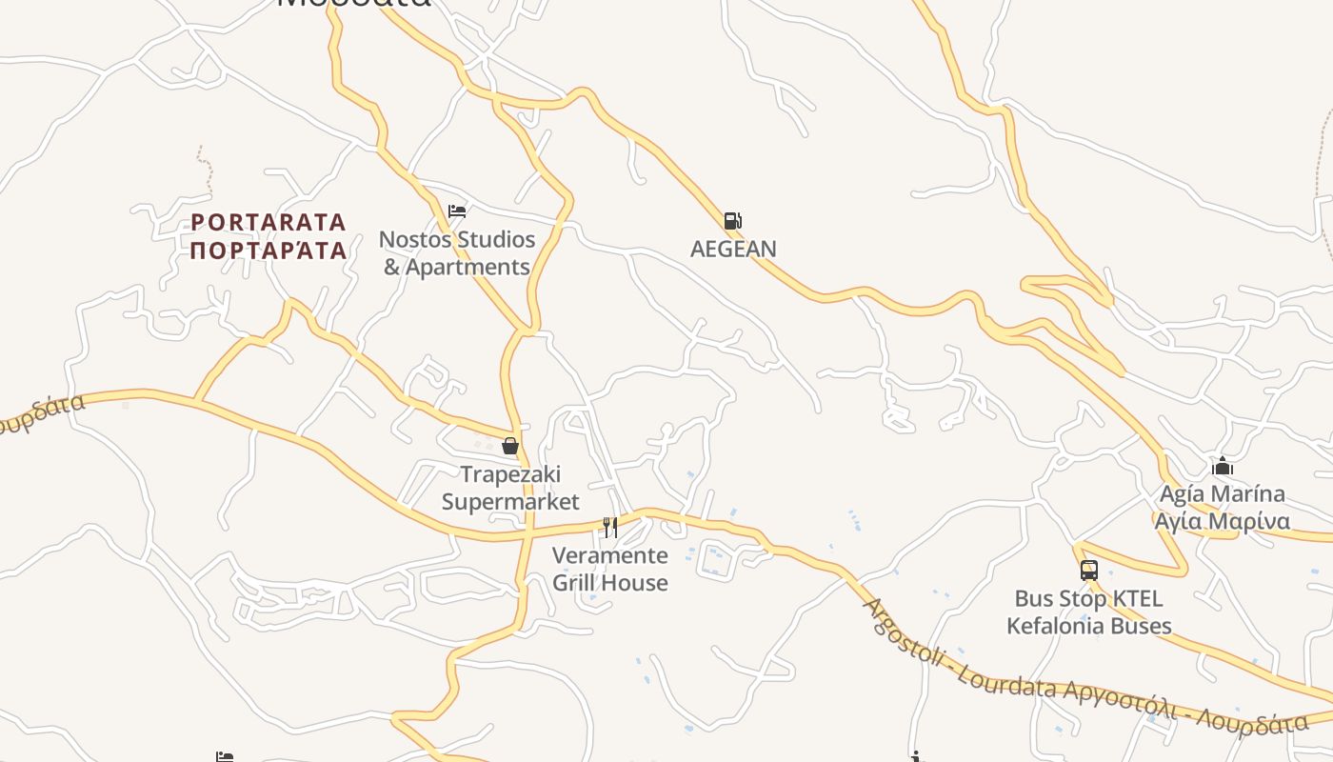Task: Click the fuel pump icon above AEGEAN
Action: pos(732,221)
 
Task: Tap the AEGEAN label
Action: pos(733,249)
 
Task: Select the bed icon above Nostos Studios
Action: pos(457,211)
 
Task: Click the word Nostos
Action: pos(413,239)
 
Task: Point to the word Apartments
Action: pos(468,267)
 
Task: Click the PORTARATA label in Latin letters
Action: pos(269,223)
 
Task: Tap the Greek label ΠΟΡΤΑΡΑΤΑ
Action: pos(269,251)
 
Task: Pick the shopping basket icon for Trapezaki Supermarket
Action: pos(510,445)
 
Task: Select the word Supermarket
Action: pos(510,501)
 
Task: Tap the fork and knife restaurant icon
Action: pos(610,527)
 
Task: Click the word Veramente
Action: pos(610,554)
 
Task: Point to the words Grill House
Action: pos(610,582)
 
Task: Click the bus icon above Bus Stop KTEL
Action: pos(1089,571)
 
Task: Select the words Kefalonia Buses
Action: pos(1089,626)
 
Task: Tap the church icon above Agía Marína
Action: pos(1223,467)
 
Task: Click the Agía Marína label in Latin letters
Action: pos(1223,494)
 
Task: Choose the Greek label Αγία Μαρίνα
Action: pos(1223,521)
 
